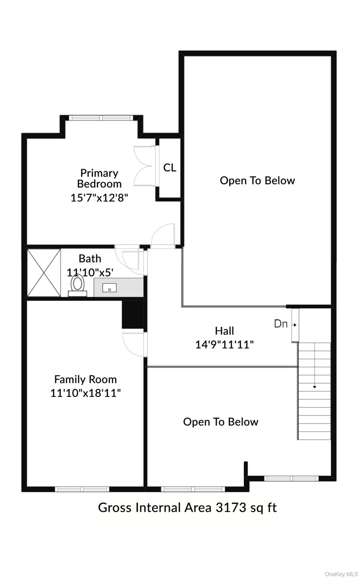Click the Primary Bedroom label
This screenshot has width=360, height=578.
click(x=99, y=178)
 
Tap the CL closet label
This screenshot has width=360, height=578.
click(x=170, y=167)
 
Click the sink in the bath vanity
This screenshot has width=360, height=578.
click(x=109, y=288)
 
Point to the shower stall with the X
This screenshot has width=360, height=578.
click(x=44, y=272)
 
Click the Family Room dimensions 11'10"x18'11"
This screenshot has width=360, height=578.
click(x=85, y=393)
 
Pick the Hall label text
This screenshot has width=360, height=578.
click(x=224, y=331)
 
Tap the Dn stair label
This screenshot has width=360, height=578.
click(x=281, y=324)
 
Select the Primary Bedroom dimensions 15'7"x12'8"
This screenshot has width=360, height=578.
click(x=99, y=198)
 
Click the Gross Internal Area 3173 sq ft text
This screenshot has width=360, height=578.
click(x=187, y=508)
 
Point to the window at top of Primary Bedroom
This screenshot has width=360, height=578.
click(x=101, y=118)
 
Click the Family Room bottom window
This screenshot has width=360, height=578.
click(x=82, y=489)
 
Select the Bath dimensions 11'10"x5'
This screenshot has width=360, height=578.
click(x=90, y=272)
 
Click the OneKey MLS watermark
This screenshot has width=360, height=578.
click(x=341, y=574)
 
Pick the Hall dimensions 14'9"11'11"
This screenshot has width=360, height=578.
click(x=224, y=344)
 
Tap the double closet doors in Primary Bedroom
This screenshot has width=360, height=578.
click(x=145, y=166)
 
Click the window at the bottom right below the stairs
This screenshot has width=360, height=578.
click(x=291, y=479)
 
